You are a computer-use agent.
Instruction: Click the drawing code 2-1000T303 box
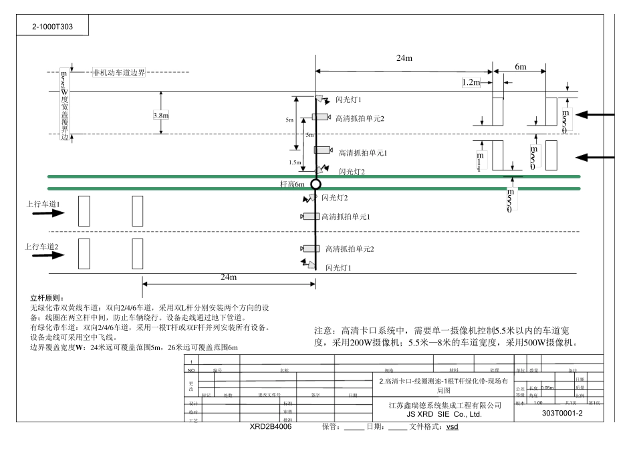(53, 27)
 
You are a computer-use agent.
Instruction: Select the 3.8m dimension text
(160, 116)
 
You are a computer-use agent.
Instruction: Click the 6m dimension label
(520, 67)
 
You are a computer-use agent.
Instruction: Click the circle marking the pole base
(316, 184)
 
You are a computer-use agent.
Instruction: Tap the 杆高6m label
(294, 183)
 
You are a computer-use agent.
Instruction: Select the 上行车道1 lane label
(43, 204)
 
